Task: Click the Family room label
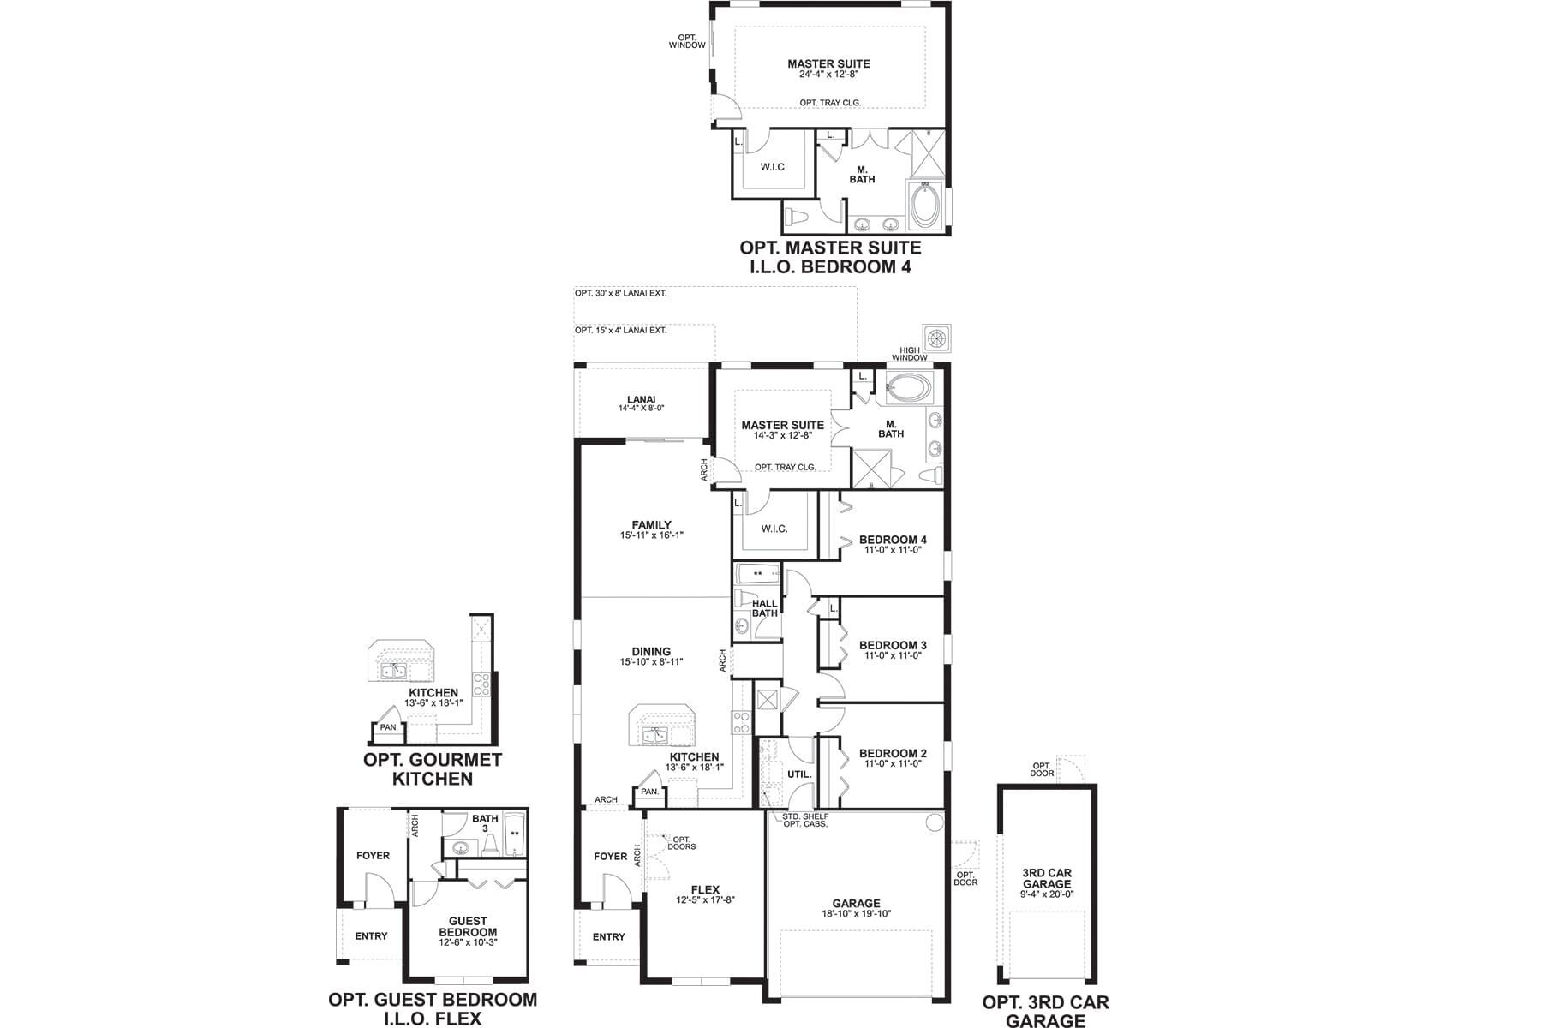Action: click(x=651, y=525)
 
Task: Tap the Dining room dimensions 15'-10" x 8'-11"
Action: click(x=651, y=662)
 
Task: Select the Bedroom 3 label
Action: click(x=893, y=645)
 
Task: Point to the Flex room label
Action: click(x=705, y=889)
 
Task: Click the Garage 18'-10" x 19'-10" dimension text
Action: click(x=856, y=914)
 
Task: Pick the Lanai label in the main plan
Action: click(x=641, y=399)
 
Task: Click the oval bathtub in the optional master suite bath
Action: click(x=925, y=206)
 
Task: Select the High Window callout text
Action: click(x=909, y=354)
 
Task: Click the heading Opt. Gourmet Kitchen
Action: click(x=433, y=769)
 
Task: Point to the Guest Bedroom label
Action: click(x=468, y=927)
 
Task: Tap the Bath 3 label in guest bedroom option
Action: click(x=485, y=823)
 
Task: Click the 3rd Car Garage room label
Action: click(x=1047, y=878)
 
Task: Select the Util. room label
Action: click(x=799, y=774)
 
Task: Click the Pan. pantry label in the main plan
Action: click(x=649, y=792)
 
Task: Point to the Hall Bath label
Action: click(x=764, y=608)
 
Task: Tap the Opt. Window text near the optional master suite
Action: click(x=687, y=41)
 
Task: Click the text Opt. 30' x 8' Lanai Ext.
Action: click(x=620, y=293)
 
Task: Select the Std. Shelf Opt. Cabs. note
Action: click(x=805, y=820)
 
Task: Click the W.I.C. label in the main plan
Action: click(x=774, y=529)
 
